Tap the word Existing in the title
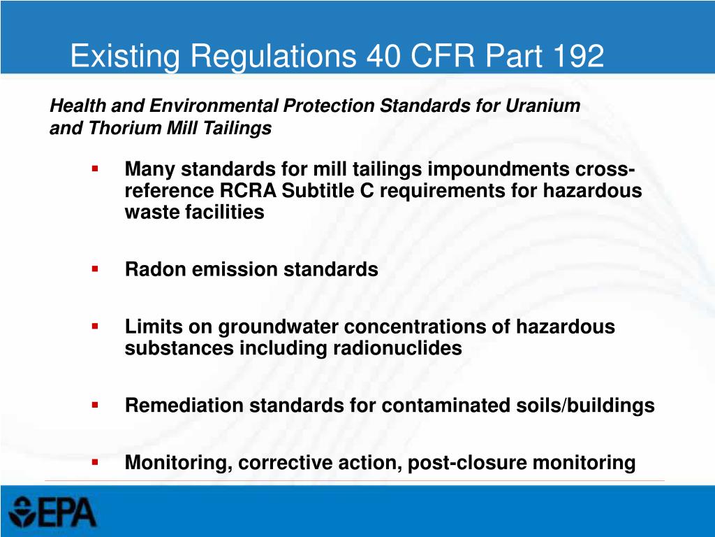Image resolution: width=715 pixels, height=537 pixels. [x=117, y=56]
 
